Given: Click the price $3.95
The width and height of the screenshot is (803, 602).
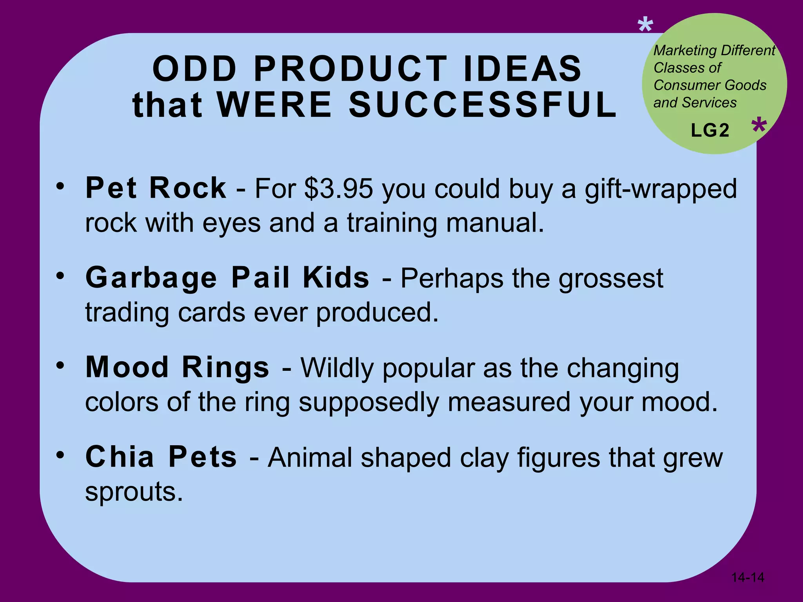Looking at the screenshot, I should coord(338,189).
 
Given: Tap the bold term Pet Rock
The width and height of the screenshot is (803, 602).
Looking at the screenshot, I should coord(156,188).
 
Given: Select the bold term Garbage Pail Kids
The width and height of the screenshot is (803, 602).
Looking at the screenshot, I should coord(227,278).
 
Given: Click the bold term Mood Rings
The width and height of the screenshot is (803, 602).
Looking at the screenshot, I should coord(178,368).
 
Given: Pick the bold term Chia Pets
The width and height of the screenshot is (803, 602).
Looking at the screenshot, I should coord(161,457).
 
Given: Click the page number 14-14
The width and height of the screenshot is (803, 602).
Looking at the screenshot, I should coord(748,577).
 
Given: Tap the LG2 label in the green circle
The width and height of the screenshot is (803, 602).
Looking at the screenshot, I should coord(710,131).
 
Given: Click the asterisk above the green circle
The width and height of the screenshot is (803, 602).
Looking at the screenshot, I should coord(645,26).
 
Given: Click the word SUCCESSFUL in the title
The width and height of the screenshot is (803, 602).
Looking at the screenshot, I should coord(483,105).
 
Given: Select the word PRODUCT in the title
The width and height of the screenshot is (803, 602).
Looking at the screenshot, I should coord(351,69).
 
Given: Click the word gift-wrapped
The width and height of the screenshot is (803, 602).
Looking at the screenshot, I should coord(661,189).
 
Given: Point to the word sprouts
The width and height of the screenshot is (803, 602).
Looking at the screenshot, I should coord(134,492).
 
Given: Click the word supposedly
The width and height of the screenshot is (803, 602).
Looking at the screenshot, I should coord(369,403).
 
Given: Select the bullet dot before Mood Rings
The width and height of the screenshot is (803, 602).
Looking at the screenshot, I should coord(60,365).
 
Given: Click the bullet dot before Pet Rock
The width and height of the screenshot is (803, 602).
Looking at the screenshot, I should coord(60,186).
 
